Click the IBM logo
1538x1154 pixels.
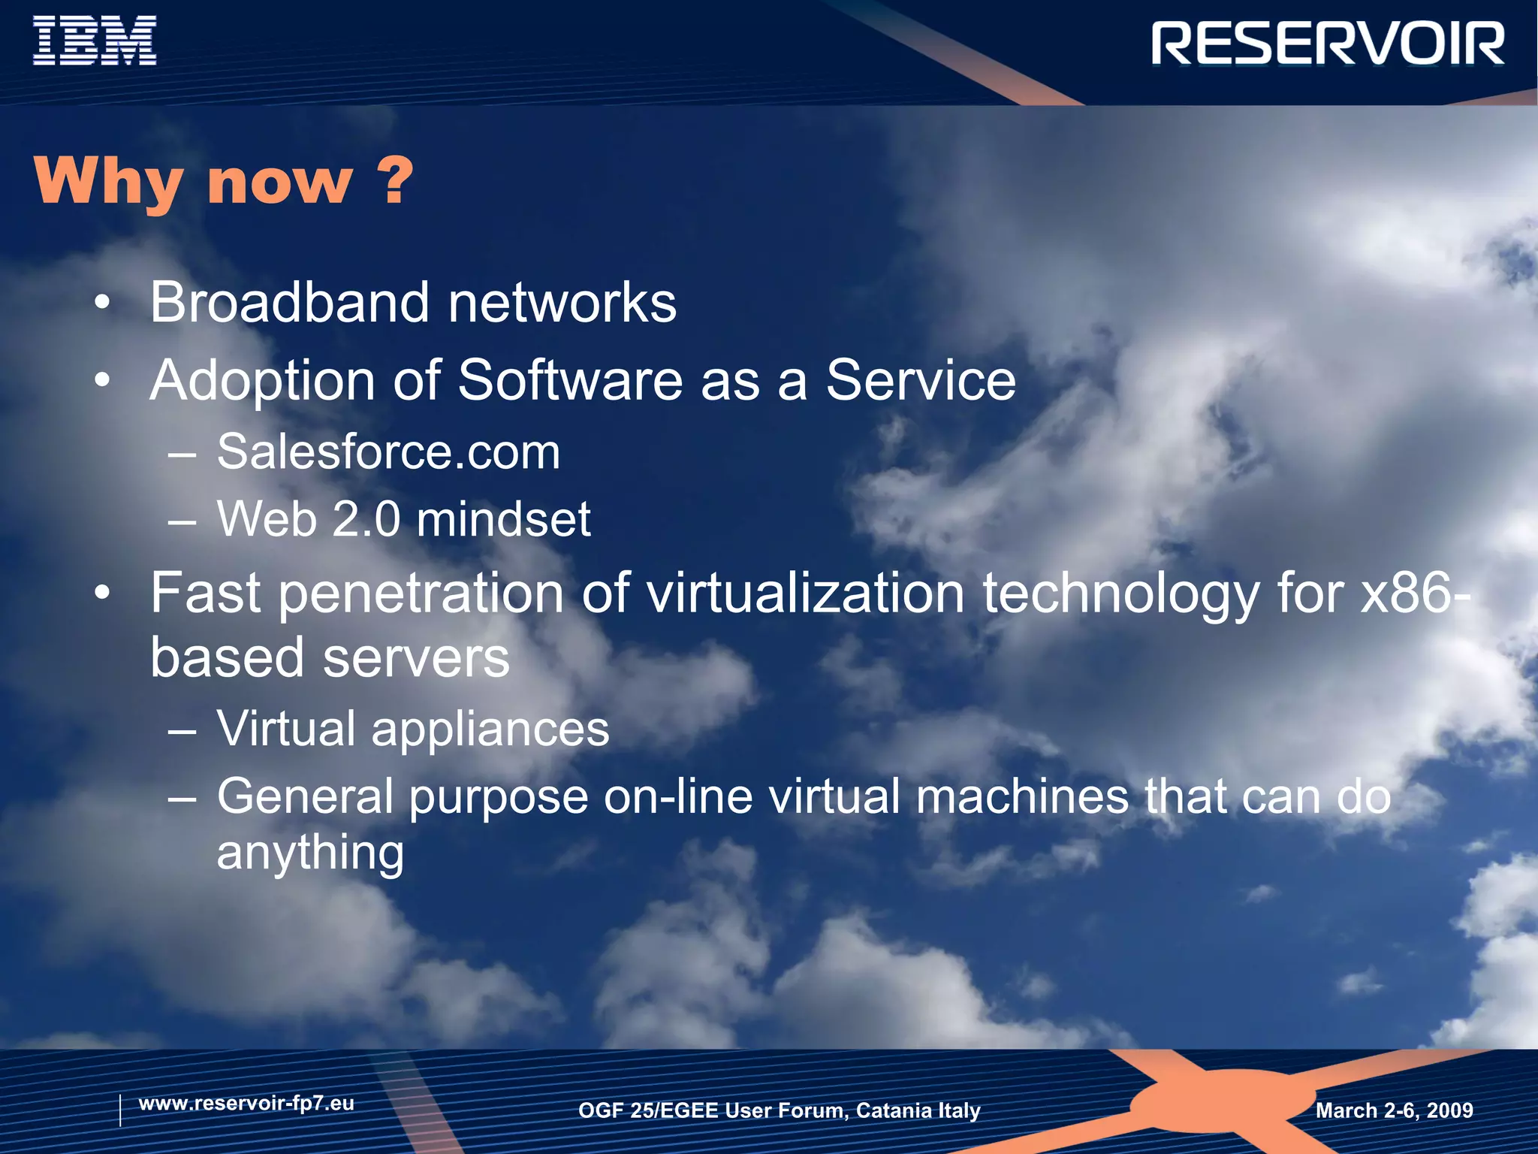tap(95, 41)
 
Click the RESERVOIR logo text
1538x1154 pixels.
tap(1328, 44)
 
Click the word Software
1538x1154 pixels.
tap(570, 380)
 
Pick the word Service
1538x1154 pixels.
tap(920, 380)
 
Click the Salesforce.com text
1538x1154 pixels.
tap(388, 452)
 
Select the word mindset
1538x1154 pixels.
tap(503, 519)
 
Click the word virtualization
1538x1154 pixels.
tap(805, 594)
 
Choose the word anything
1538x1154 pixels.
tap(310, 853)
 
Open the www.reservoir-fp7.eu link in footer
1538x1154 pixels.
tap(246, 1104)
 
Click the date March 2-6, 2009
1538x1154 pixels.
tap(1394, 1110)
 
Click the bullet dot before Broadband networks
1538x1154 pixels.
tap(103, 304)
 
